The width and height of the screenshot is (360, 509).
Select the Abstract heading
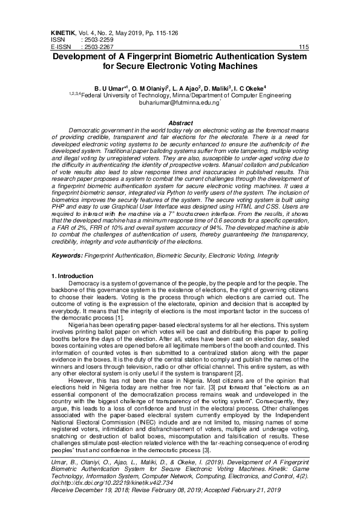(180, 123)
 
